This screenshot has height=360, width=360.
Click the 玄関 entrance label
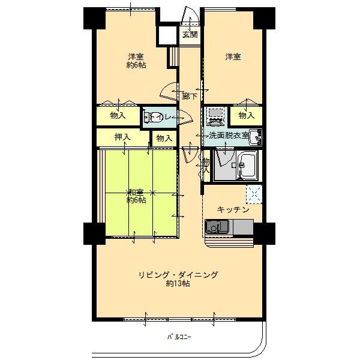tap(190, 34)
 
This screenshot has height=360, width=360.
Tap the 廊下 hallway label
tap(190, 96)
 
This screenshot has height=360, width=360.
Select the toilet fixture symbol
tap(154, 118)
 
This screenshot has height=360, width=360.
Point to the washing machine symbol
tap(214, 115)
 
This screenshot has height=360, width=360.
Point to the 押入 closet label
tap(122, 137)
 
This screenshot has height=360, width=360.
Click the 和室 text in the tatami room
tap(135, 192)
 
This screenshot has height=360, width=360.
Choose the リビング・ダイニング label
tap(178, 275)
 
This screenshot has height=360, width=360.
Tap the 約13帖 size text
tap(178, 284)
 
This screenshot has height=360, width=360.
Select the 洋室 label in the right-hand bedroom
tap(233, 57)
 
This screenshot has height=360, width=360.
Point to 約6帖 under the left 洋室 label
tap(136, 65)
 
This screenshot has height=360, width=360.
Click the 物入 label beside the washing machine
tap(247, 115)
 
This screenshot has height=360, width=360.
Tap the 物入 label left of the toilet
tap(118, 115)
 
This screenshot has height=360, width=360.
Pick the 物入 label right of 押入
tap(164, 138)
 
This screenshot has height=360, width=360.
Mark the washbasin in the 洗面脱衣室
tap(257, 137)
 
